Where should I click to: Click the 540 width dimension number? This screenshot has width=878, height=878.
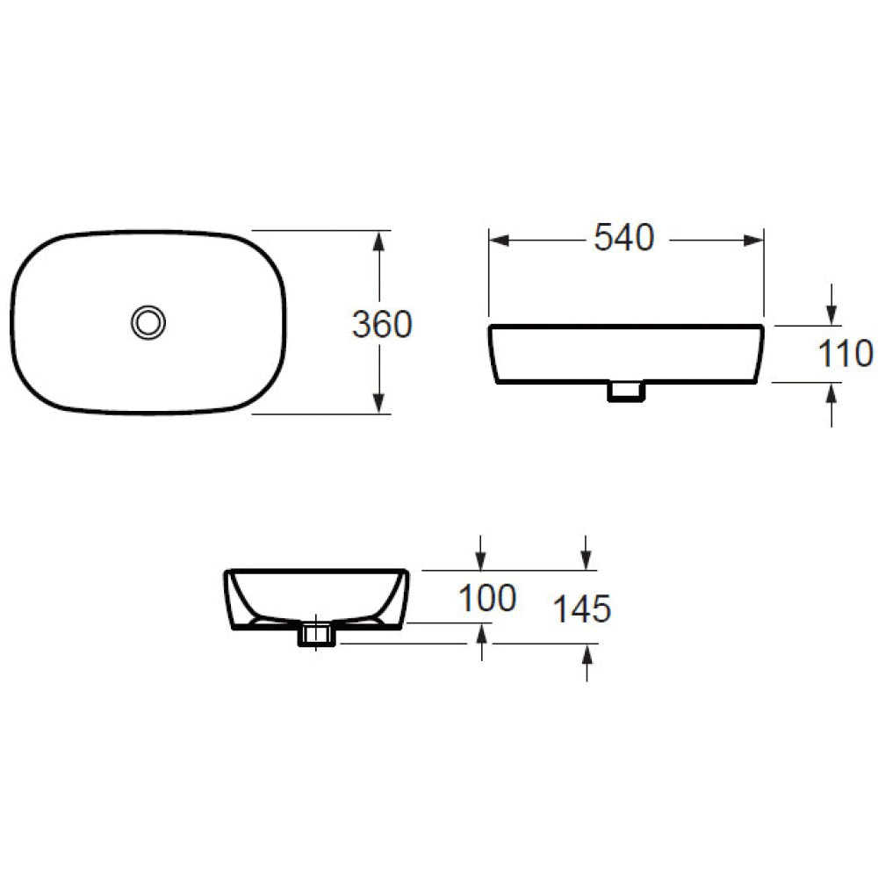(624, 238)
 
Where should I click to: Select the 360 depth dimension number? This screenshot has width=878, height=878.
(381, 325)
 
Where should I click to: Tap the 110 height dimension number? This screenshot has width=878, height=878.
(846, 354)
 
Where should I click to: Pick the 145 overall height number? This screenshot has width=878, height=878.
(581, 608)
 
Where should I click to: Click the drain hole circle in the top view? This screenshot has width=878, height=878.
(148, 321)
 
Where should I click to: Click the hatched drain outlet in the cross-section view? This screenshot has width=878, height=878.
(316, 634)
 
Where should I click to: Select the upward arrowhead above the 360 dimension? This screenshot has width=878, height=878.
(379, 241)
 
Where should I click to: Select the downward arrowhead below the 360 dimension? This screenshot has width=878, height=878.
(379, 402)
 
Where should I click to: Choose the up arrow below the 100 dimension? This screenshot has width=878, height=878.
(480, 634)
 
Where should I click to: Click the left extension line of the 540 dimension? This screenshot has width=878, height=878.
(488, 272)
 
